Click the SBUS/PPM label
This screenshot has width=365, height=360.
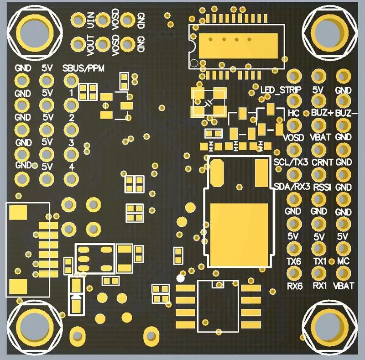[x=83, y=68]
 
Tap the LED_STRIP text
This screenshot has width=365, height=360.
[x=281, y=89]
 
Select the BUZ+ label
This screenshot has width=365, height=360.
[x=323, y=113]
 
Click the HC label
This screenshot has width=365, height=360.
[x=293, y=113]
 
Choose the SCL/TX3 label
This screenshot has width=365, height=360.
[x=291, y=162]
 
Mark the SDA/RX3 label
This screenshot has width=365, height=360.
[x=292, y=187]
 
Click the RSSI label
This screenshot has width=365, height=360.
[x=322, y=187]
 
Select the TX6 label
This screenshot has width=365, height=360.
[x=294, y=261]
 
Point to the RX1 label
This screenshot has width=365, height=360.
[x=320, y=286]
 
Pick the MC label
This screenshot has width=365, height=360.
[x=344, y=261]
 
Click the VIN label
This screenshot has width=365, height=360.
[x=90, y=20]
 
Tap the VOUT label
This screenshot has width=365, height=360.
[x=90, y=46]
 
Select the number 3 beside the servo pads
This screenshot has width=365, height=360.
[x=72, y=143]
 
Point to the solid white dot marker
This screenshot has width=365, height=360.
[x=180, y=278]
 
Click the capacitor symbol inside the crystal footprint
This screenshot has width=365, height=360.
[x=209, y=103]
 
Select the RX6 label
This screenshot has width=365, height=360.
[x=295, y=286]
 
